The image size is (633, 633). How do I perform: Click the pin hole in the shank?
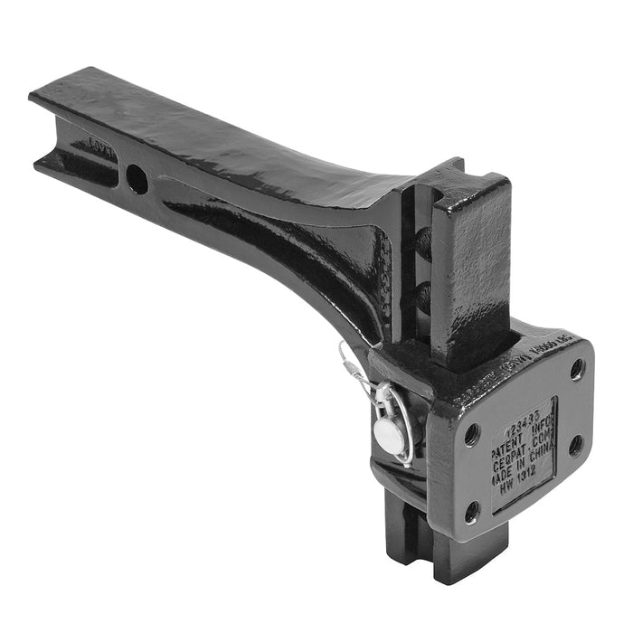point(137,178)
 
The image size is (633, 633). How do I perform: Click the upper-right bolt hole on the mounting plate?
point(577,368)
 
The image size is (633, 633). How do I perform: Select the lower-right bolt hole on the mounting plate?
point(576,445)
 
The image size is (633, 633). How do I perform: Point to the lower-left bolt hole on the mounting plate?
point(472,512)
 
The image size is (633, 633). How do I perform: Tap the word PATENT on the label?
point(509,432)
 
